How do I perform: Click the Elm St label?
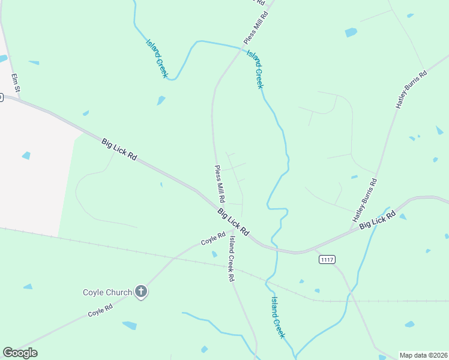[16, 83]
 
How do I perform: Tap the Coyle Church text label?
[107, 292]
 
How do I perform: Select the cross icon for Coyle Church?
[141, 292]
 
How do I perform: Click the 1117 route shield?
[327, 259]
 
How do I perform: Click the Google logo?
[20, 353]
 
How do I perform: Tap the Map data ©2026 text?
[423, 355]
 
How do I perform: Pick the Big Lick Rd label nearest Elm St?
[119, 149]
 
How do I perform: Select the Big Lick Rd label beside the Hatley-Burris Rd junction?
[378, 219]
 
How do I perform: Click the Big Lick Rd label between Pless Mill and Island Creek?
[233, 221]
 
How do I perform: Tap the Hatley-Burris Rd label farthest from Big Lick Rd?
[411, 89]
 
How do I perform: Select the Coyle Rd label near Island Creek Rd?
[212, 238]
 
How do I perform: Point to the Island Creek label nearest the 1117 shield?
[277, 317]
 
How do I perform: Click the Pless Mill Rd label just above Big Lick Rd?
[220, 184]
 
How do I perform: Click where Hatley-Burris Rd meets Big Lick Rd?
[351, 230]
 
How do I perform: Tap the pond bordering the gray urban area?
[26, 155]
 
